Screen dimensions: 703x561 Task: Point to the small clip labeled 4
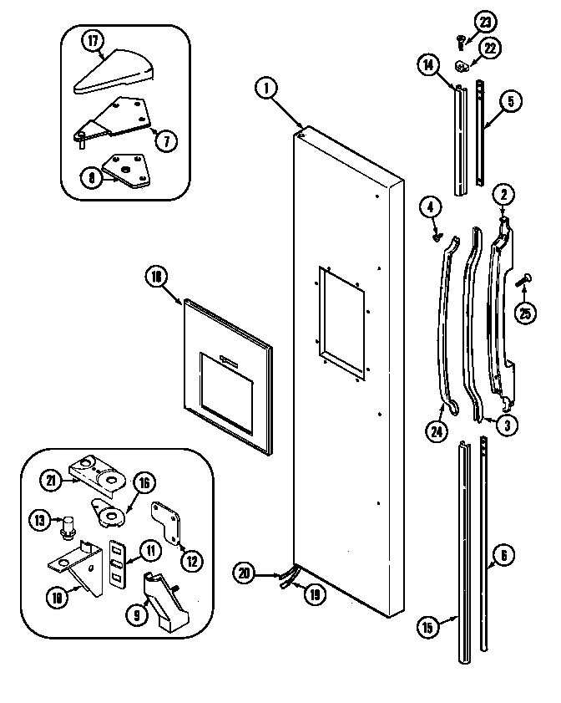tap(437, 237)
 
